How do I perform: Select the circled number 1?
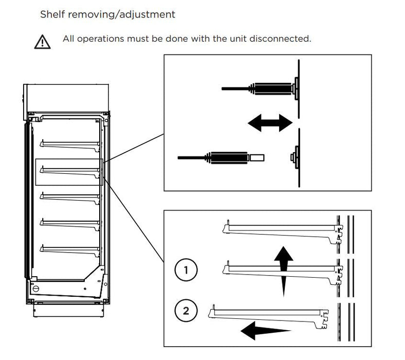186,269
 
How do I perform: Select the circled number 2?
186,310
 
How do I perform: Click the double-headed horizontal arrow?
269,122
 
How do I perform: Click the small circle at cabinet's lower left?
36,289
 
